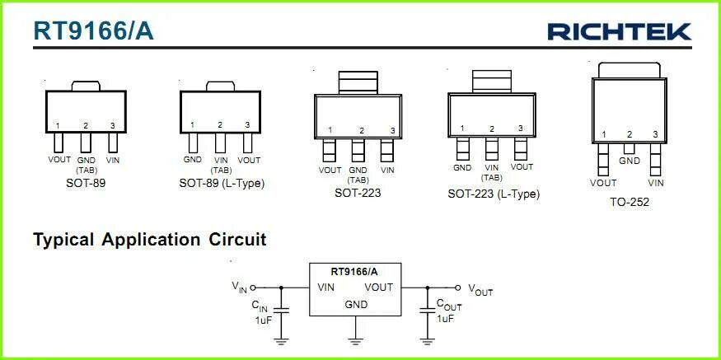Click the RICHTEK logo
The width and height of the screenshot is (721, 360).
pos(620,31)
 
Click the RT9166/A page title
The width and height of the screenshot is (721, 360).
pos(93,30)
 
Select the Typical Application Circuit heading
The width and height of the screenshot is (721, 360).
pos(149,240)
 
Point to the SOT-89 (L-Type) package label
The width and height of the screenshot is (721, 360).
pos(222,183)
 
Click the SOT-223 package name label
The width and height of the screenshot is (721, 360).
pos(358,193)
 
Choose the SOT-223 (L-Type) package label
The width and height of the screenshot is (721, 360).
pos(494,194)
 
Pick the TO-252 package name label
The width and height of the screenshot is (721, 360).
pos(629,202)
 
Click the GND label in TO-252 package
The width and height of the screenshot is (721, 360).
pos(630,161)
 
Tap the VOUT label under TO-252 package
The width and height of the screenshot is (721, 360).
pos(603,183)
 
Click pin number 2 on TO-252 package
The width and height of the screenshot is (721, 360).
pos(630,134)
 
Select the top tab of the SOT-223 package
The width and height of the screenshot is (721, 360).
pos(358,82)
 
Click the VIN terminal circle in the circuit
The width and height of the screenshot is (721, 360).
pos(253,288)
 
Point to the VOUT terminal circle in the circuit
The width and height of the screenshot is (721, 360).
pos(458,288)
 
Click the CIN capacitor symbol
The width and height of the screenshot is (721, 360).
pos(281,311)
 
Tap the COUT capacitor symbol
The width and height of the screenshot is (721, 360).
pos(427,311)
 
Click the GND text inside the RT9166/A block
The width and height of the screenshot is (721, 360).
pos(356,304)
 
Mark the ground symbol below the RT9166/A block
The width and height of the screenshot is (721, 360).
pos(356,338)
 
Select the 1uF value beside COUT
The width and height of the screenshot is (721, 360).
pos(445,318)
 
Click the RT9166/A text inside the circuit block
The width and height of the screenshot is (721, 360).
pos(355,271)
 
